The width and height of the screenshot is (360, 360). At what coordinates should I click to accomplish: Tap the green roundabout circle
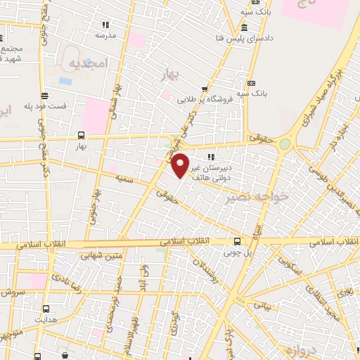284,143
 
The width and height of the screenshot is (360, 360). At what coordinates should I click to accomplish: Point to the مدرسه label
105,34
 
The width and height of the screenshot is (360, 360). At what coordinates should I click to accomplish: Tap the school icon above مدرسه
105,24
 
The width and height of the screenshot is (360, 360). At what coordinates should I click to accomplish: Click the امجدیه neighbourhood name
86,63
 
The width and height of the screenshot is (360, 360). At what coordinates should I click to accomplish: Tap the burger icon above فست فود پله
45,95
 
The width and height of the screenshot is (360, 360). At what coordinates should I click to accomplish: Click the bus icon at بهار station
81,136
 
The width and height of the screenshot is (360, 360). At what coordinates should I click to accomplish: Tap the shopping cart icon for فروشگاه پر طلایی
205,89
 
